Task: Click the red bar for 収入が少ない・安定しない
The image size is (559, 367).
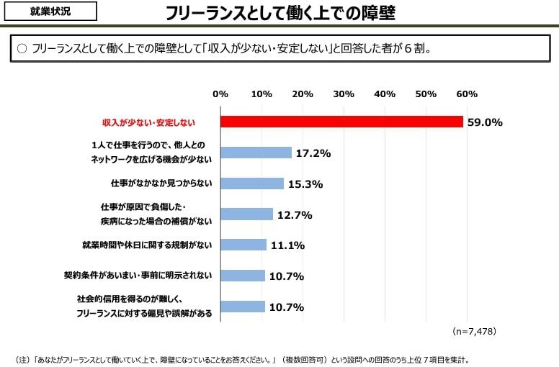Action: tap(341, 122)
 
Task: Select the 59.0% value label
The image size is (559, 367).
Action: tap(484, 122)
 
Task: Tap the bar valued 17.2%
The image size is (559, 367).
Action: tap(256, 153)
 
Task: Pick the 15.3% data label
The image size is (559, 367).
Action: tap(305, 183)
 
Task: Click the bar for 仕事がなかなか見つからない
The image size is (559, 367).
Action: tap(252, 183)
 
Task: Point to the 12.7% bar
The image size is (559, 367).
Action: tap(246, 214)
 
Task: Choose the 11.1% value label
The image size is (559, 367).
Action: tap(287, 245)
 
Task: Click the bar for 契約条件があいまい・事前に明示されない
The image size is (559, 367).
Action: tap(243, 276)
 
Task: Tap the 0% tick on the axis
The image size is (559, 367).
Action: tap(220, 94)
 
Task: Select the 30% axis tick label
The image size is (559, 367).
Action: tap(344, 94)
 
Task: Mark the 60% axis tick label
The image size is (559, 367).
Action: tap(467, 94)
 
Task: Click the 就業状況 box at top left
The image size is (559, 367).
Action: tap(50, 12)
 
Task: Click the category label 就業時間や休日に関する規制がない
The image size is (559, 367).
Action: tap(147, 245)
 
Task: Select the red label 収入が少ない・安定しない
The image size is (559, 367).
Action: tap(148, 122)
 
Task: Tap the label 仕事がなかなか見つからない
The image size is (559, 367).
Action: tap(161, 183)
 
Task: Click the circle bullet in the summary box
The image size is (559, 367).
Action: tap(21, 49)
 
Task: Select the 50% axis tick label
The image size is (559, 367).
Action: tap(426, 94)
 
